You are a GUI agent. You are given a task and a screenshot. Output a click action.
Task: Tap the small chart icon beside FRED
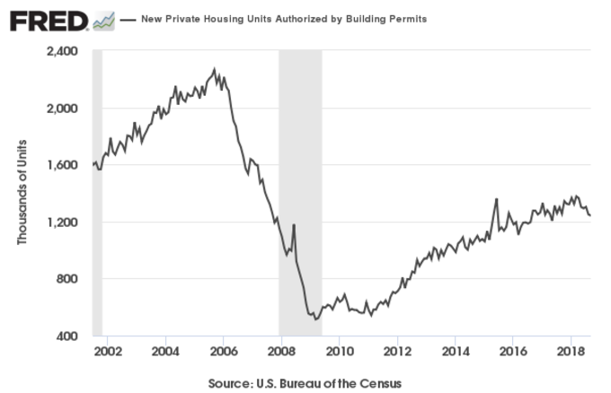103,20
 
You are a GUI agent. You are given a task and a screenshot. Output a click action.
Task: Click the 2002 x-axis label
107,350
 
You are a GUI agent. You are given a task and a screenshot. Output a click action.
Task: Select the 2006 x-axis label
223,350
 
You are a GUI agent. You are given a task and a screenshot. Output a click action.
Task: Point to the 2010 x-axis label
339,350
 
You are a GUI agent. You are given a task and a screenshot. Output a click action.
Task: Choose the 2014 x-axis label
456,350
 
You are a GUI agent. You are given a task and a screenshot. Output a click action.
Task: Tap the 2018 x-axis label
571,350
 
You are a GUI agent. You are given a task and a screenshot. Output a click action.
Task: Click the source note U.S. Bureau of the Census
305,383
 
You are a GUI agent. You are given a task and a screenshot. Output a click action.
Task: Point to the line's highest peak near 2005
214,68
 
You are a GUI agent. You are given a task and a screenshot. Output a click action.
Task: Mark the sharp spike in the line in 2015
496,199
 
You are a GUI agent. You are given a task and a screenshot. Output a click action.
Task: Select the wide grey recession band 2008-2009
300,193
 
